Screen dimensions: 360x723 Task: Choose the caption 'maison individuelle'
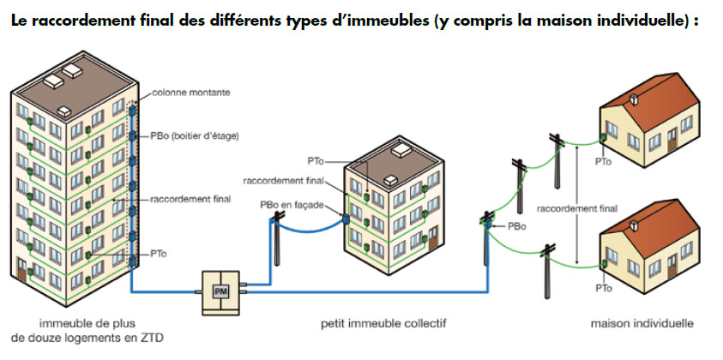642,324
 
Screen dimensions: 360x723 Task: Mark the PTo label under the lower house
604,289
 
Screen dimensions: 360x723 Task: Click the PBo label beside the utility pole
517,226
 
